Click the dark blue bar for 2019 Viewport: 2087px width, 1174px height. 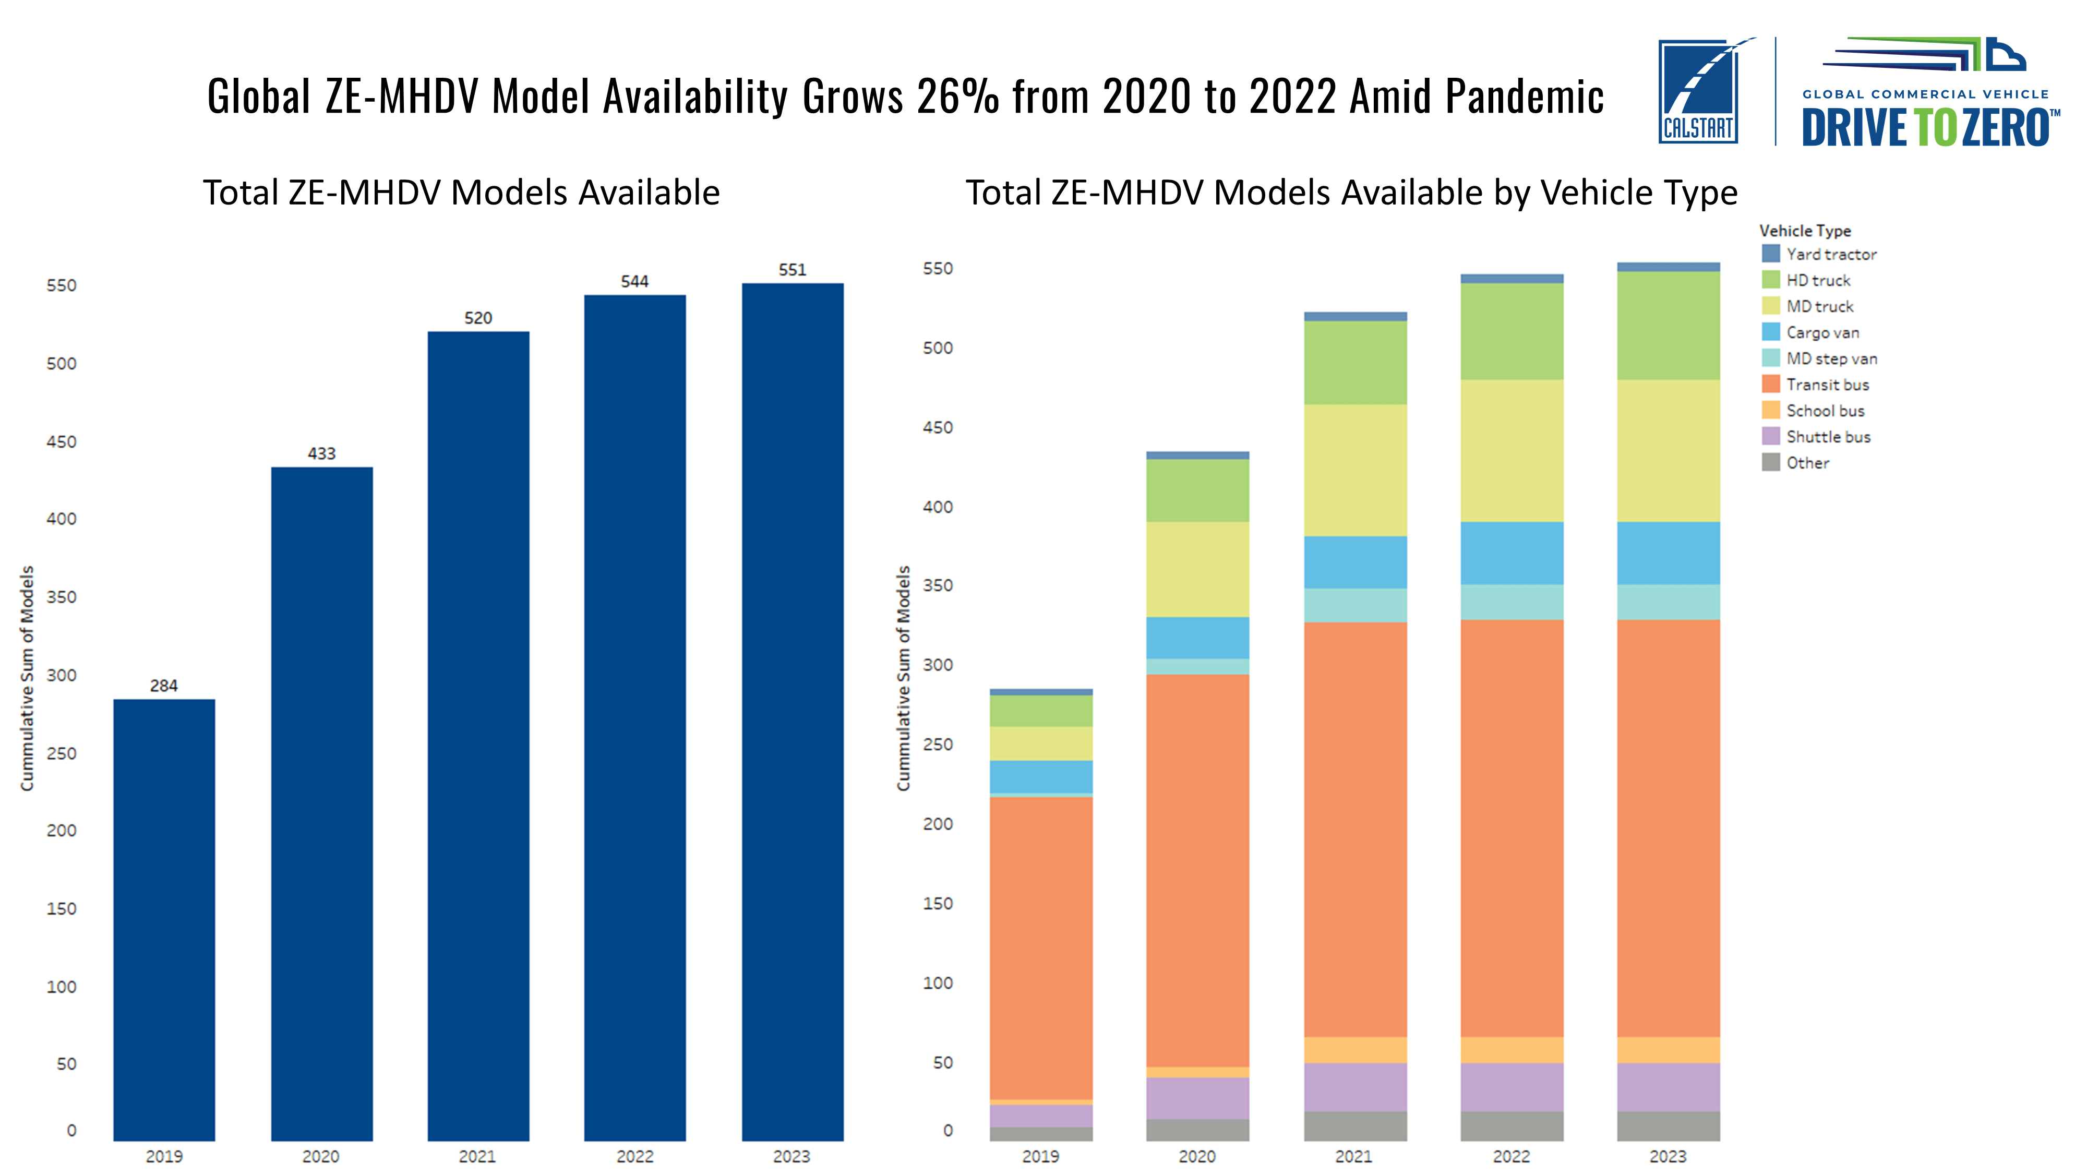(x=164, y=919)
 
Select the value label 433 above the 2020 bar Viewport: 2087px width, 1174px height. (x=321, y=454)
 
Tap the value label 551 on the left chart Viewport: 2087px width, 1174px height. (x=793, y=270)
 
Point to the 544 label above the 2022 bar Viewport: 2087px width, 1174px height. (x=634, y=282)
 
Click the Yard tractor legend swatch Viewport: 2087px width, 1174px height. (x=1771, y=254)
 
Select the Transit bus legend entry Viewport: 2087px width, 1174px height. (x=1827, y=385)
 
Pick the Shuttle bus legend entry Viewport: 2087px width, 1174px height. (x=1828, y=437)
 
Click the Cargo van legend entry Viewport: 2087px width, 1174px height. (x=1822, y=333)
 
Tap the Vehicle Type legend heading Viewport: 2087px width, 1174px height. (x=1805, y=231)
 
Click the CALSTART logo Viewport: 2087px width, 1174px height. (x=1698, y=91)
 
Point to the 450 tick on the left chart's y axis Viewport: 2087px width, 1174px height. (x=62, y=441)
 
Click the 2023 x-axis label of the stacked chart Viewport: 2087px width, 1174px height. (x=1668, y=1156)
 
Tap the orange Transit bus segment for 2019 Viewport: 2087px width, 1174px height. (x=1040, y=948)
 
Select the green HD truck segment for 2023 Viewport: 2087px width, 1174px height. (x=1668, y=326)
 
